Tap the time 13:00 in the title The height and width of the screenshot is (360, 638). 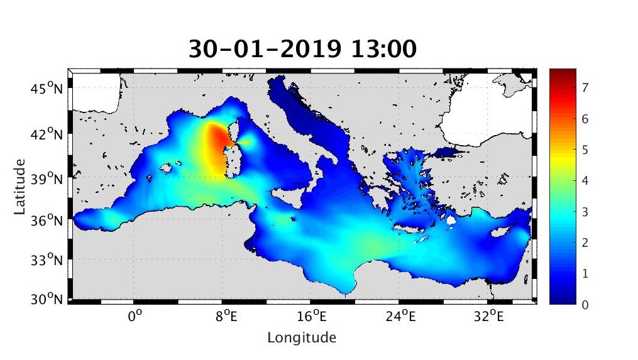385,48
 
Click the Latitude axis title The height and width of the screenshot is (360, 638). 20,186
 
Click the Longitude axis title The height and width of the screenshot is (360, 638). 302,337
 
